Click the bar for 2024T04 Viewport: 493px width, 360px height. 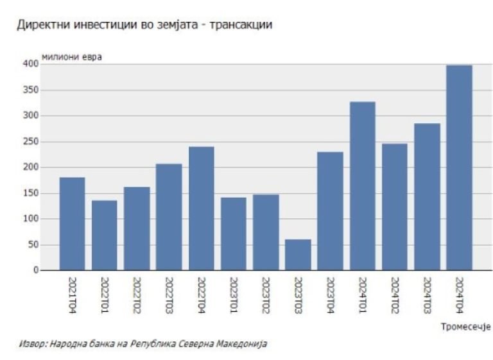pos(459,167)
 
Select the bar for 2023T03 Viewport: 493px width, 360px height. pos(298,255)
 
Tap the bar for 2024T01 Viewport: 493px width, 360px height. pos(362,186)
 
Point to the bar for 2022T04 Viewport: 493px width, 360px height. pos(202,209)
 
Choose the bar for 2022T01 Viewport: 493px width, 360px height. pos(105,236)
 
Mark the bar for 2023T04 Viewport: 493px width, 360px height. pos(330,211)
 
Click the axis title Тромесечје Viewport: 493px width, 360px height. pos(465,327)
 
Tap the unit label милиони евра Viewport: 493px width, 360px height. pos(72,57)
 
